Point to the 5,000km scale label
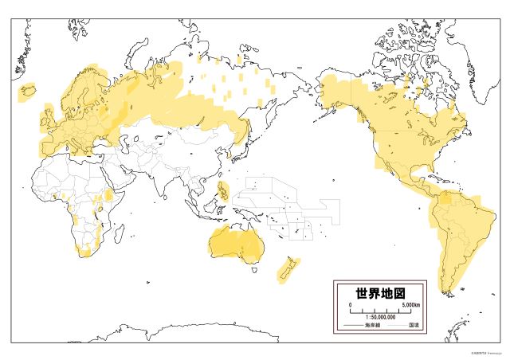click(411, 305)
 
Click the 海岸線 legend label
click(373, 326)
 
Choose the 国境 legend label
click(414, 326)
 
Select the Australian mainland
click(235, 239)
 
